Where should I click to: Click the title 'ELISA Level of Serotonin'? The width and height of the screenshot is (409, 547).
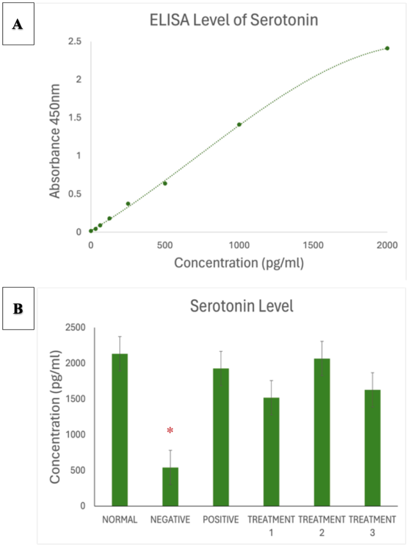click(x=234, y=20)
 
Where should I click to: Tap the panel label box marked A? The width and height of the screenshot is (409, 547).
click(x=18, y=24)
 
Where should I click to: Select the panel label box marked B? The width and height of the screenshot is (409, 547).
click(x=18, y=308)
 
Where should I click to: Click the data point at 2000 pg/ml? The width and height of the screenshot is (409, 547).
click(x=387, y=48)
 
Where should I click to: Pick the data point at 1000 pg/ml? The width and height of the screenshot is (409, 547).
click(x=239, y=125)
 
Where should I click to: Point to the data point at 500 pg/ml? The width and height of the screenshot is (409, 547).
click(x=165, y=183)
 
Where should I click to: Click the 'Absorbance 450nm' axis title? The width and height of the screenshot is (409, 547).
click(x=55, y=141)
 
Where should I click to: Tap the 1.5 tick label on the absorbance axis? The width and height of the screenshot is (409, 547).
click(x=75, y=117)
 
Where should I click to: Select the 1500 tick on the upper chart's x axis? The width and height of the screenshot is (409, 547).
click(x=313, y=245)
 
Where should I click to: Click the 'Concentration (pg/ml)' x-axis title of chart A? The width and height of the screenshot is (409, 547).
click(x=239, y=263)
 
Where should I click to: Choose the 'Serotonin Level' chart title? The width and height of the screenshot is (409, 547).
click(x=242, y=306)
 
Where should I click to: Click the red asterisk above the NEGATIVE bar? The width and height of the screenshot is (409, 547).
click(x=170, y=430)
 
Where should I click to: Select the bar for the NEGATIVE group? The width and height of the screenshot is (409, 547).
click(x=170, y=487)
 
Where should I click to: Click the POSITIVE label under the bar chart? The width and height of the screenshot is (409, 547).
click(x=221, y=520)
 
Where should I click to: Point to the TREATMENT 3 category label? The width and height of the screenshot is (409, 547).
click(x=372, y=526)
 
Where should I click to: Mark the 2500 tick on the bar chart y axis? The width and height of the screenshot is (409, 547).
click(x=75, y=328)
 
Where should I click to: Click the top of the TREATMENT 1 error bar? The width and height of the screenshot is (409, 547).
click(x=271, y=381)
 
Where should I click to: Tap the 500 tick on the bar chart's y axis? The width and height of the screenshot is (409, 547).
click(x=78, y=470)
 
